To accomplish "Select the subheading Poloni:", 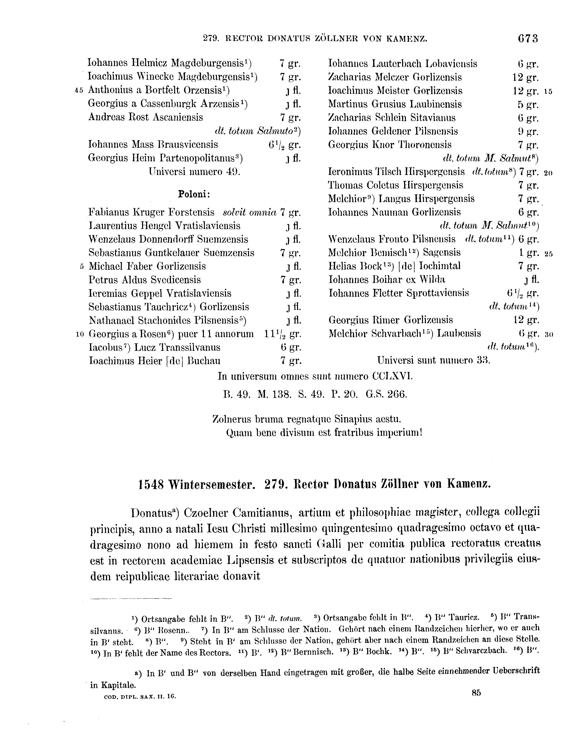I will [194, 194].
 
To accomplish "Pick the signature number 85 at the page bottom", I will [476, 693].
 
